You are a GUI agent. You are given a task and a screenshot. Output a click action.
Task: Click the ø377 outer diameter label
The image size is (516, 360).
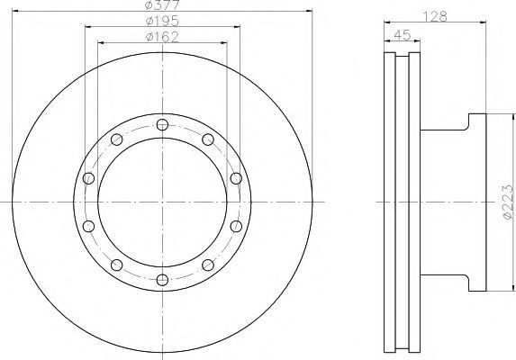[x=163, y=4]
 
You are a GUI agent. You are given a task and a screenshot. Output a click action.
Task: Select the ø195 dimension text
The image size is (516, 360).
[x=163, y=22]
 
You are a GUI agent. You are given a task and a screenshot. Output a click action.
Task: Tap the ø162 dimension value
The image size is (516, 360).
[x=163, y=37]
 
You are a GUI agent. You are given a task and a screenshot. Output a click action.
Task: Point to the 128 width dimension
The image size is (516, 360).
[x=435, y=16]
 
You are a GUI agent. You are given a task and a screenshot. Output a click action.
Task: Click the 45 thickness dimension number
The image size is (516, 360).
[x=403, y=34]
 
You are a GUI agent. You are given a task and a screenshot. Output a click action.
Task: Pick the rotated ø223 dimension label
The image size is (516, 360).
[x=507, y=202]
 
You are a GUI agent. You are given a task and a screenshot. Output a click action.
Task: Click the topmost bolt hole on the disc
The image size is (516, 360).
[x=162, y=124]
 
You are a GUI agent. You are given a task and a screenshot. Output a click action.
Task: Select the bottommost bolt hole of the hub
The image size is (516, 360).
[x=162, y=280]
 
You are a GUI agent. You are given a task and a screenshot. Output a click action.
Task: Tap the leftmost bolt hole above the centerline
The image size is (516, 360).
[x=88, y=178]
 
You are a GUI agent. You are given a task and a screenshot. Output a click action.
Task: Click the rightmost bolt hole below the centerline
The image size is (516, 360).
[x=236, y=226]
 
